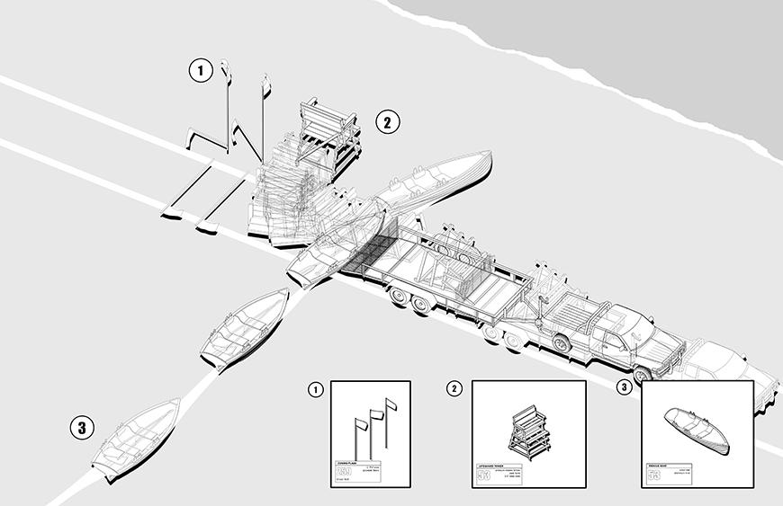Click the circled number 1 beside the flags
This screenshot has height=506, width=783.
pyautogui.click(x=201, y=70)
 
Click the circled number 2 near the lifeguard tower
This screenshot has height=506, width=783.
pyautogui.click(x=386, y=122)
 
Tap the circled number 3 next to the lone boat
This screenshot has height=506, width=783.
pyautogui.click(x=82, y=428)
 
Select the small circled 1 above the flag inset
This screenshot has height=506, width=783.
pyautogui.click(x=316, y=389)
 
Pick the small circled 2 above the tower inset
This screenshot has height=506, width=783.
pyautogui.click(x=455, y=388)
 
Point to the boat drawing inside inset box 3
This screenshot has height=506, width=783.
pyautogui.click(x=696, y=431)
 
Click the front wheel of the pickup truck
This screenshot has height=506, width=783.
pyautogui.click(x=643, y=374)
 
